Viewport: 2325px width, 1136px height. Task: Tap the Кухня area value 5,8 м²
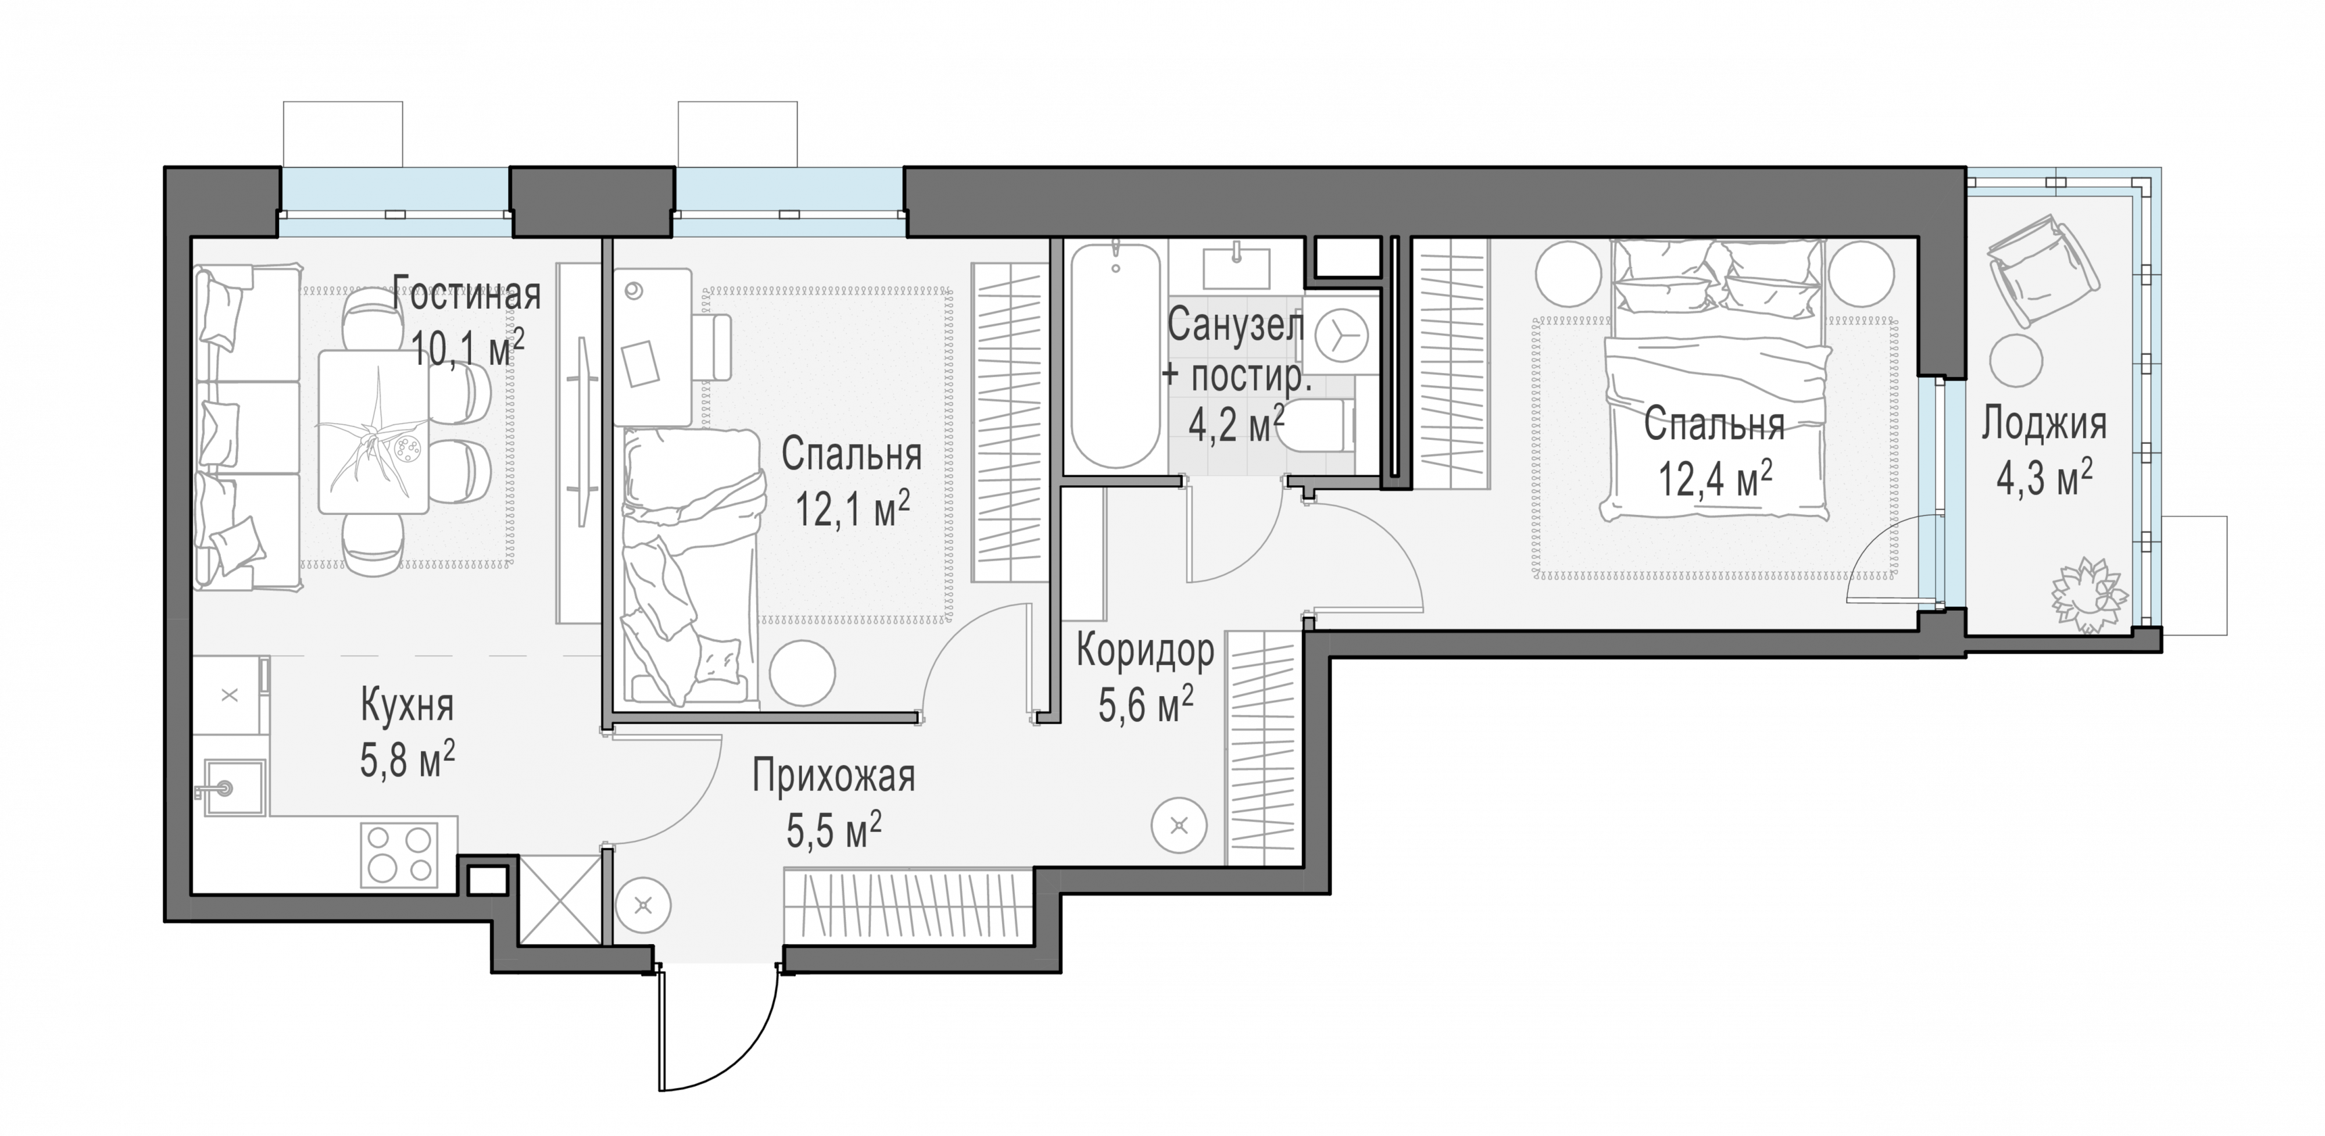[407, 759]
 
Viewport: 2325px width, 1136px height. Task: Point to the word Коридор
[1145, 651]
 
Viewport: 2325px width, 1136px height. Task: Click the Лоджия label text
[2044, 424]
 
